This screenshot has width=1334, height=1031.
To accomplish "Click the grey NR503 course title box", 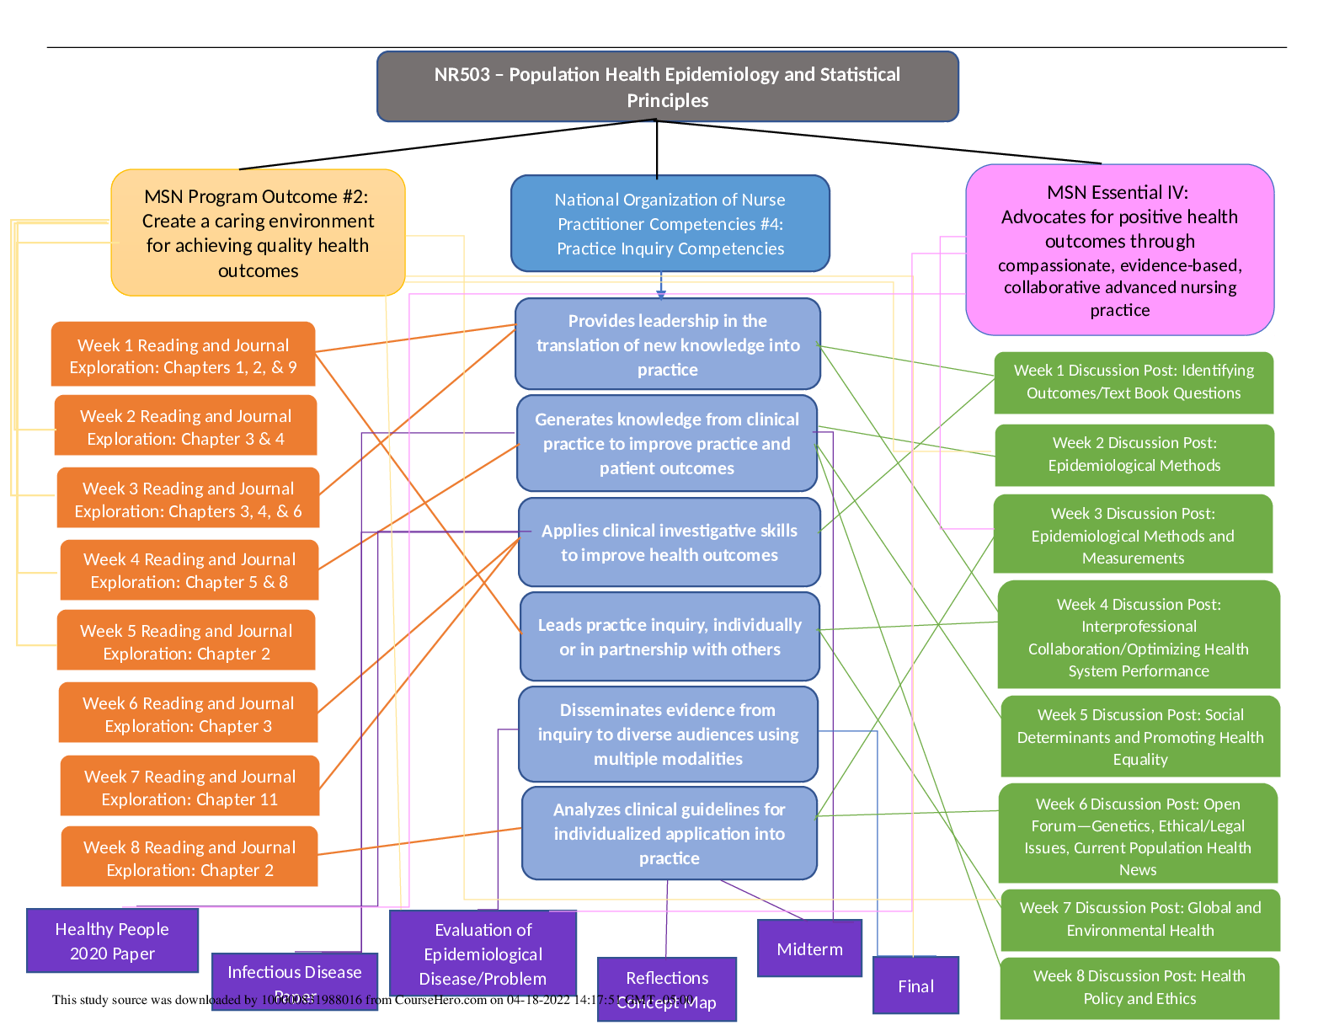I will click(x=667, y=87).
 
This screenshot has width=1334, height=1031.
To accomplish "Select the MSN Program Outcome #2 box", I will click(x=258, y=233).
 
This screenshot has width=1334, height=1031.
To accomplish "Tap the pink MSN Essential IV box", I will click(x=1119, y=250).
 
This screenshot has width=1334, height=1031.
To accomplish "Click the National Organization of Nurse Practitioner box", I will click(x=670, y=224).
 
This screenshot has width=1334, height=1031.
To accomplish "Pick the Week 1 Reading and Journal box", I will click(x=183, y=355).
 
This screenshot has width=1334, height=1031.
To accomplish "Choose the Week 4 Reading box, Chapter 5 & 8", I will click(x=189, y=570).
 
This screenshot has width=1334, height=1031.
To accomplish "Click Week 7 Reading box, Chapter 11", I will click(x=189, y=787).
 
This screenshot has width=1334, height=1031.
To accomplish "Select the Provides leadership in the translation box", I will click(x=667, y=345).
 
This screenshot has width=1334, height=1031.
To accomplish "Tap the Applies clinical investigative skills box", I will click(x=669, y=542).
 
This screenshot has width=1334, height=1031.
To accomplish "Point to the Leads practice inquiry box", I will click(x=669, y=637).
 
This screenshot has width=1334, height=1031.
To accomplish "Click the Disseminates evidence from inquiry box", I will click(x=668, y=734).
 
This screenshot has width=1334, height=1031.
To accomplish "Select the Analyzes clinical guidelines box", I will click(x=669, y=833).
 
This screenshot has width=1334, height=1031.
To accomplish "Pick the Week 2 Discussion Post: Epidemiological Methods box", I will click(x=1134, y=454).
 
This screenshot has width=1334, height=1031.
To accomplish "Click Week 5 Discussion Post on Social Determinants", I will click(x=1139, y=736).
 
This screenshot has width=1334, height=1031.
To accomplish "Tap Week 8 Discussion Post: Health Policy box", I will click(x=1139, y=986).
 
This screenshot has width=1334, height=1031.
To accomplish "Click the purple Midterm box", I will click(x=809, y=948).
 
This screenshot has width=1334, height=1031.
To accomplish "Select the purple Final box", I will click(x=915, y=985).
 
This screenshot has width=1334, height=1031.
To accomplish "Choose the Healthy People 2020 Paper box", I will click(x=112, y=940).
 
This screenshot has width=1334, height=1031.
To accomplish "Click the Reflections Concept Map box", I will click(x=666, y=988).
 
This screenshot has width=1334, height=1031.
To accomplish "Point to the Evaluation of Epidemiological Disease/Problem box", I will click(x=483, y=953).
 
